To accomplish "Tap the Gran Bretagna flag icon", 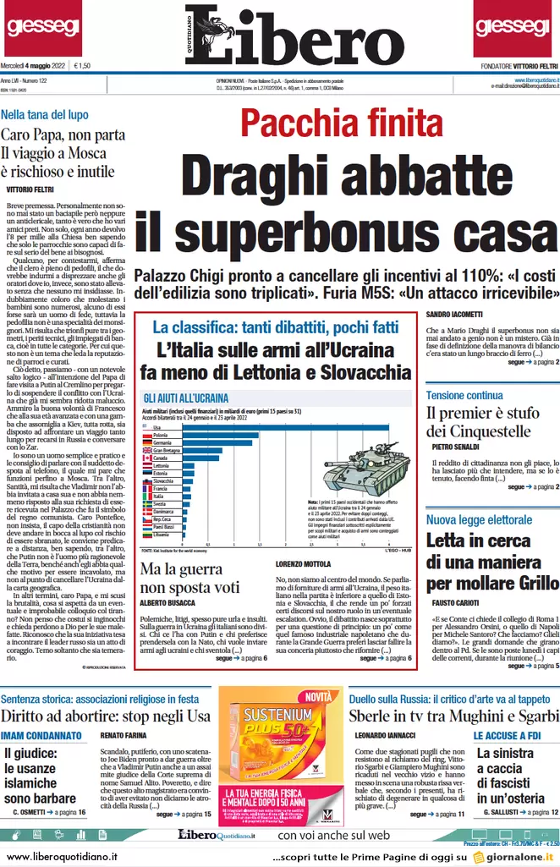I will tap(146, 451).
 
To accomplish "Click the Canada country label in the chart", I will tap(161, 458).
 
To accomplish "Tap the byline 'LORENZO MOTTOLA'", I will tap(304, 562).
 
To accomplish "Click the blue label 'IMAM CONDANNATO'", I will tap(41, 736).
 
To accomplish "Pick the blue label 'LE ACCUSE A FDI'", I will tap(507, 736).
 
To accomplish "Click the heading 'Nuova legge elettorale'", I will tap(478, 519).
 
